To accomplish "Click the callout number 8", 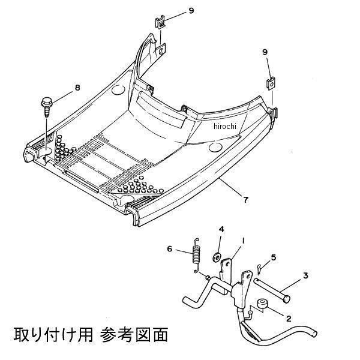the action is pyautogui.click(x=77, y=88).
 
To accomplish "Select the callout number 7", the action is pyautogui.click(x=245, y=200).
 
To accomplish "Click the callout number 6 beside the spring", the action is pyautogui.click(x=169, y=248).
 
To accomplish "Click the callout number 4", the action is pyautogui.click(x=221, y=229).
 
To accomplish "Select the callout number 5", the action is pyautogui.click(x=273, y=257).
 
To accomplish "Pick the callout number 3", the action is pyautogui.click(x=305, y=275).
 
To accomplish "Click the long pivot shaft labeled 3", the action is pyautogui.click(x=272, y=290).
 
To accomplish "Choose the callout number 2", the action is pyautogui.click(x=289, y=319).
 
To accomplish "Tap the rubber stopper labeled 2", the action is pyautogui.click(x=262, y=304).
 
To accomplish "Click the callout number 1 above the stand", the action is pyautogui.click(x=244, y=241).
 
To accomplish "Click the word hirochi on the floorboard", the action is pyautogui.click(x=225, y=126).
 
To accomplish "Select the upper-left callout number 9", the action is pyautogui.click(x=191, y=11).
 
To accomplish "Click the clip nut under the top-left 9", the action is pyautogui.click(x=160, y=22).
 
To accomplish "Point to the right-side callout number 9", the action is pyautogui.click(x=265, y=52).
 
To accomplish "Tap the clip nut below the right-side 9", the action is pyautogui.click(x=271, y=83).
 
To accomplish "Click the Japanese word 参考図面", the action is pyautogui.click(x=134, y=335).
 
